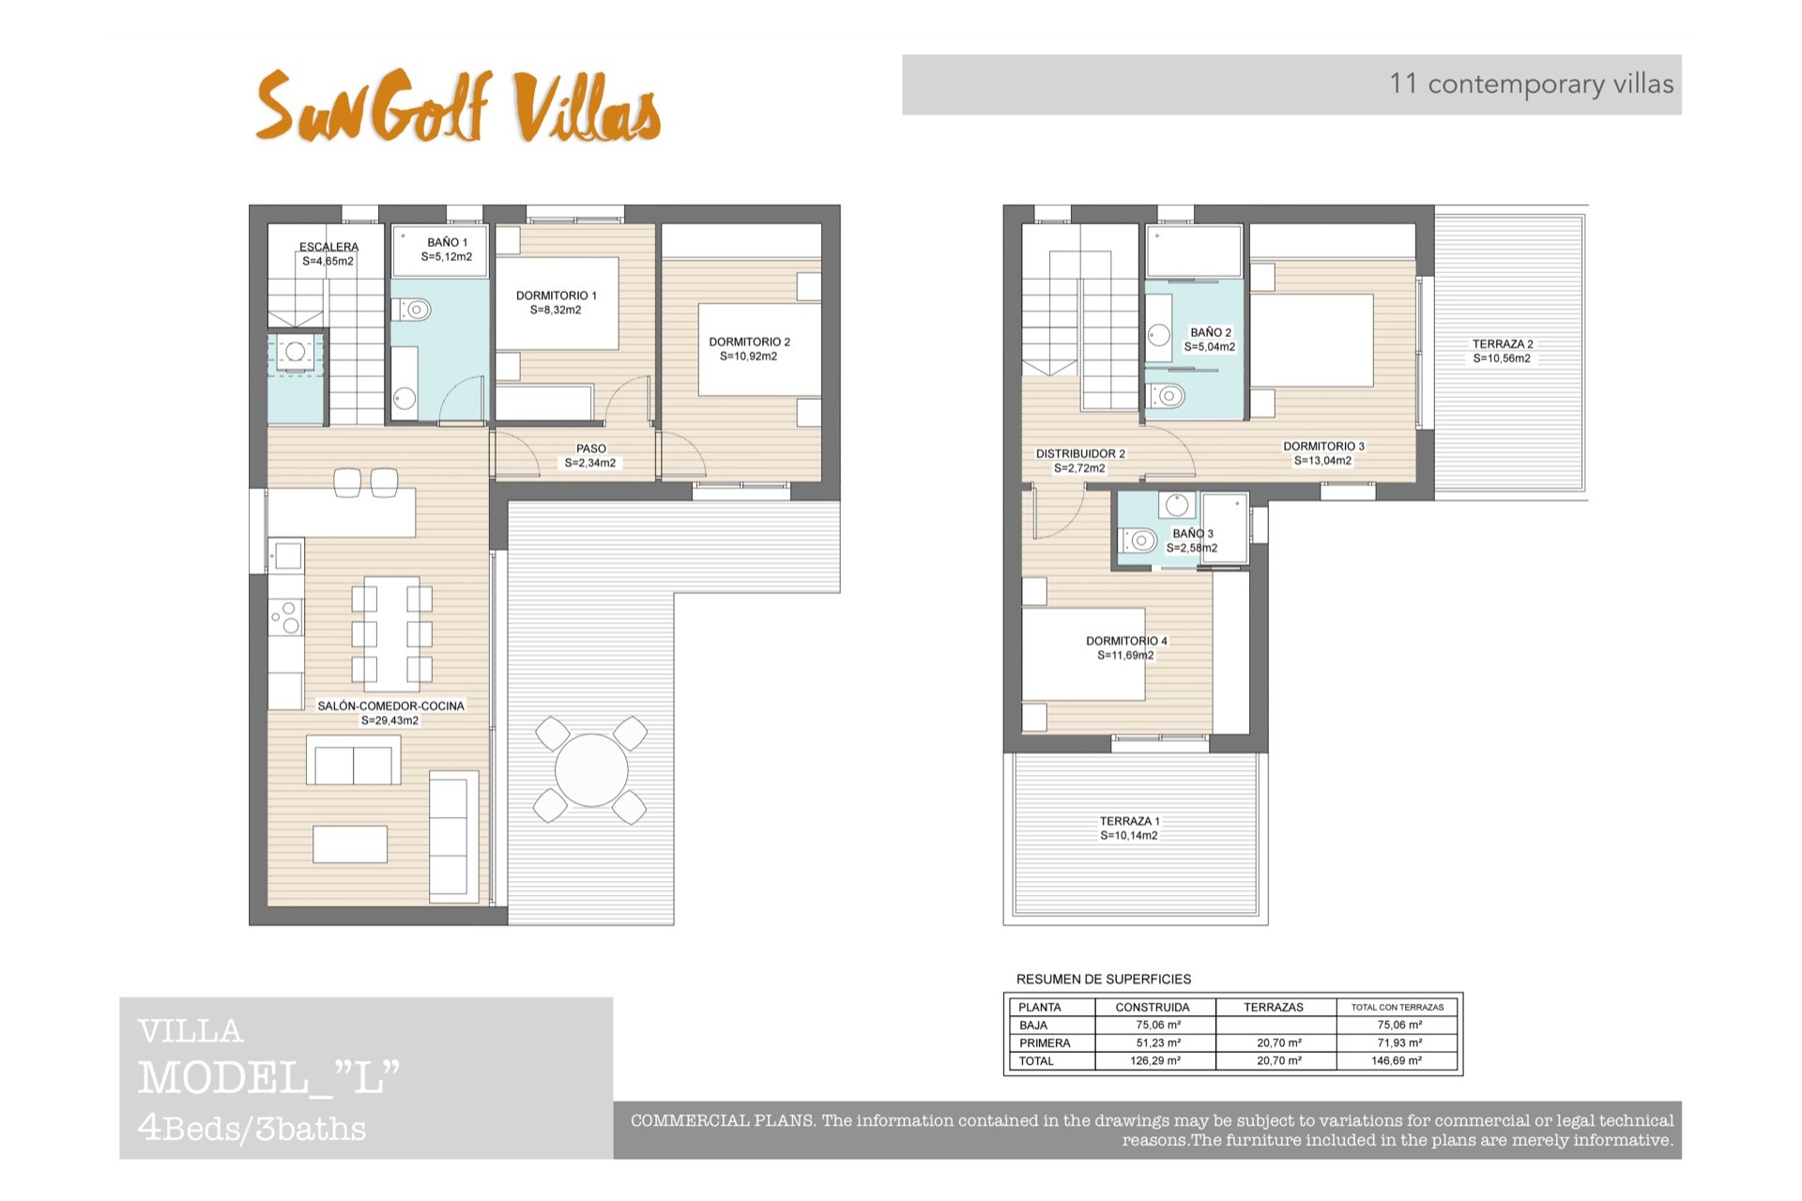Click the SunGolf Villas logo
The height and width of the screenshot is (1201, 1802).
(x=458, y=106)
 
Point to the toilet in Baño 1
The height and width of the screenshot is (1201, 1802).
(x=411, y=309)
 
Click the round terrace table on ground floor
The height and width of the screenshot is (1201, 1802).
(x=591, y=769)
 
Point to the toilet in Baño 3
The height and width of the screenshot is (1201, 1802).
(x=1138, y=540)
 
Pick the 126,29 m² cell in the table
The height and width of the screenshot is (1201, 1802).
(x=1155, y=1061)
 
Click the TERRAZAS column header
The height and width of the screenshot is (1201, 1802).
(x=1274, y=1007)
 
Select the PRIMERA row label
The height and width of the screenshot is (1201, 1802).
(x=1045, y=1043)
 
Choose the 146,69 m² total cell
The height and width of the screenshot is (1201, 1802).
(x=1397, y=1061)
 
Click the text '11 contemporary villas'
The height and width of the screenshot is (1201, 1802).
(x=1532, y=84)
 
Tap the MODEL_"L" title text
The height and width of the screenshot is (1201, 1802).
(x=269, y=1078)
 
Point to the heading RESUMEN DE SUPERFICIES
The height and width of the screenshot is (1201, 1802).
(x=1104, y=979)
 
